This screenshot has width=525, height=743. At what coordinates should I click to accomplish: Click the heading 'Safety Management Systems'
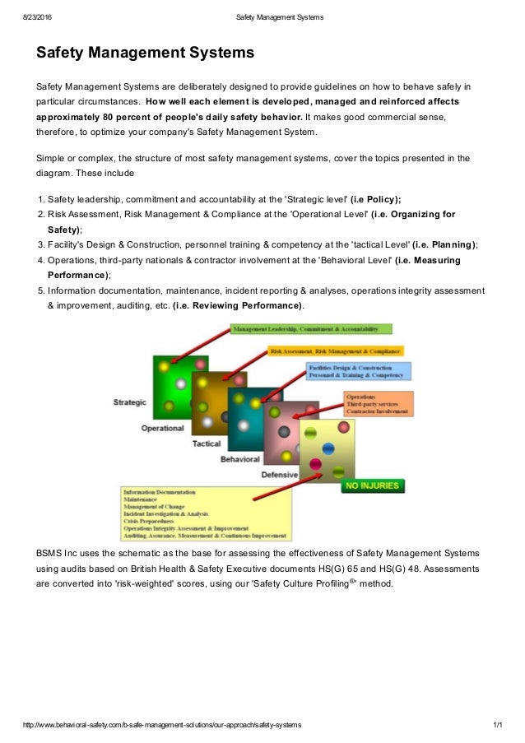pyautogui.click(x=145, y=53)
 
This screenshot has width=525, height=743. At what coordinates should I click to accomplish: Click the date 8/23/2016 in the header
pyautogui.click(x=39, y=17)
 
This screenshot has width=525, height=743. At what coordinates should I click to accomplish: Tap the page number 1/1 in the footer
pyautogui.click(x=496, y=725)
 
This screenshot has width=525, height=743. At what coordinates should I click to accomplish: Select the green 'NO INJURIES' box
pyautogui.click(x=373, y=485)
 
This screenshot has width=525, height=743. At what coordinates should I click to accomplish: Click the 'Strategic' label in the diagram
pyautogui.click(x=129, y=402)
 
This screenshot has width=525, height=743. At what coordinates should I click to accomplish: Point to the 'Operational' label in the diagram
pyautogui.click(x=162, y=428)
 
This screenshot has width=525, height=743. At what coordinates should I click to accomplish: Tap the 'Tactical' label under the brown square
pyautogui.click(x=206, y=443)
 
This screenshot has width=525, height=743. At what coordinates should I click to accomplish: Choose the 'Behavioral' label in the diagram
pyautogui.click(x=239, y=459)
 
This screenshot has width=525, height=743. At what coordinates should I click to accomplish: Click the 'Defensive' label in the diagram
pyautogui.click(x=279, y=475)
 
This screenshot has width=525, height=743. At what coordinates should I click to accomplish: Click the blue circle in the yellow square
pyautogui.click(x=328, y=448)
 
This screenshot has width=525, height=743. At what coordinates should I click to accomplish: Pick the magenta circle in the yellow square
pyautogui.click(x=315, y=465)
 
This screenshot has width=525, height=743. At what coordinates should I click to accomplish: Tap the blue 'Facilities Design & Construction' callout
pyautogui.click(x=358, y=371)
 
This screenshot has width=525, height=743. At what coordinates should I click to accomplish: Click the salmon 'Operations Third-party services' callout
pyautogui.click(x=379, y=403)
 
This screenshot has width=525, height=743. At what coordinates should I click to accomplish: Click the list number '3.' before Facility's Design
pyautogui.click(x=41, y=244)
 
